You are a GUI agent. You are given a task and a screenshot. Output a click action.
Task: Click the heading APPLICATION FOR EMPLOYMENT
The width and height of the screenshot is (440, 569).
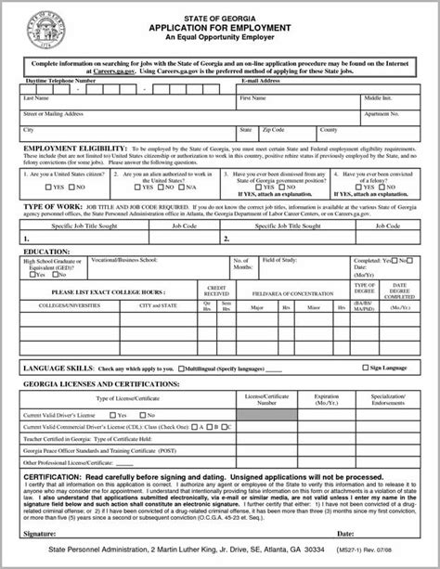point(220,28)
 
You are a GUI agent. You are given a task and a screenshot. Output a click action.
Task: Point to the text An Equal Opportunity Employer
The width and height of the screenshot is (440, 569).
point(220,39)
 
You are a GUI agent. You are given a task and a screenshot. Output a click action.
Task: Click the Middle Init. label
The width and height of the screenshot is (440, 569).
point(379,97)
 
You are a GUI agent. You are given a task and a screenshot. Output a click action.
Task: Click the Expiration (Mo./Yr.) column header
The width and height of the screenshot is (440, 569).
point(328,401)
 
